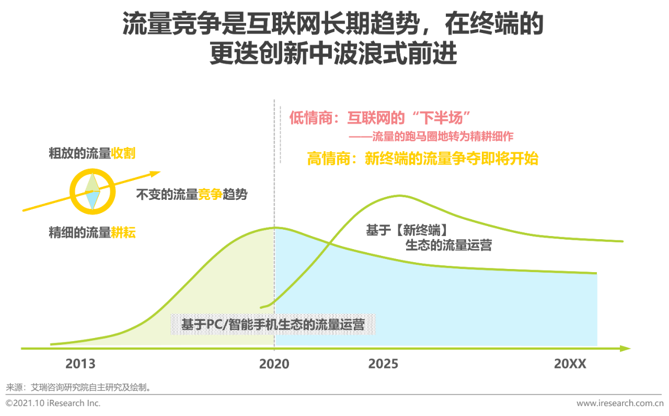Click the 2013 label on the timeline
click(80, 364)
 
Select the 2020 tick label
click(274, 364)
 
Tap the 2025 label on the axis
click(383, 364)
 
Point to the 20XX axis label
click(570, 364)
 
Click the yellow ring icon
click(93, 192)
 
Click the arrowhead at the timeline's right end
click(625, 348)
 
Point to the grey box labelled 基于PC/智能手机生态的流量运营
click(272, 324)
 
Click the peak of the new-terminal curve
click(399, 195)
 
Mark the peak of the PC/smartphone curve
click(274, 228)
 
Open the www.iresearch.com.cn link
click(620, 403)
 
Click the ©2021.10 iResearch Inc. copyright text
click(53, 403)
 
